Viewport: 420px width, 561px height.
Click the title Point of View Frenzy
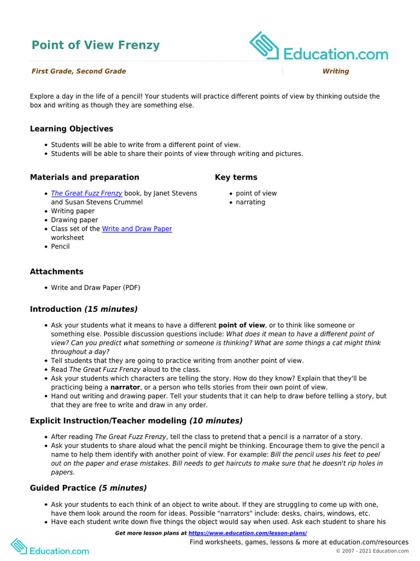point(96,45)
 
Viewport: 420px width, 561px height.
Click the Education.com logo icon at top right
point(265,46)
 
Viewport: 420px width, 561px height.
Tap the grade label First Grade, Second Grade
point(79,71)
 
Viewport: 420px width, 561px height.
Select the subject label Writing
point(335,71)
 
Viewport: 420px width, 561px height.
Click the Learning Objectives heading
point(72,129)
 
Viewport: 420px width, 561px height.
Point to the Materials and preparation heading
point(84,177)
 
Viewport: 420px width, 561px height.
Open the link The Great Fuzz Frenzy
point(86,193)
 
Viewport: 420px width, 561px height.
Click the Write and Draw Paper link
point(137,228)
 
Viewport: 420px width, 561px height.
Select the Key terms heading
point(236,177)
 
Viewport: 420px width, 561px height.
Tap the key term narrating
point(250,202)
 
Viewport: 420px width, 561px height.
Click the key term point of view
point(256,193)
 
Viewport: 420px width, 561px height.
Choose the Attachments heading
point(57,272)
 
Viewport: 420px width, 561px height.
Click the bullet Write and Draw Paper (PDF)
point(96,288)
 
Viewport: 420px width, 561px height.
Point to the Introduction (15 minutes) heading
point(84,309)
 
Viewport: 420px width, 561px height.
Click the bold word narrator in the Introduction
point(125,387)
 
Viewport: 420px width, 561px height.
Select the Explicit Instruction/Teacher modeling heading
point(136,421)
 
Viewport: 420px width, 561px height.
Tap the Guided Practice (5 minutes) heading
point(88,488)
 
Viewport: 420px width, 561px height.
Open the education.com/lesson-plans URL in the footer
point(247,533)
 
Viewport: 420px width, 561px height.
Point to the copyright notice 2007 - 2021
point(372,551)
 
